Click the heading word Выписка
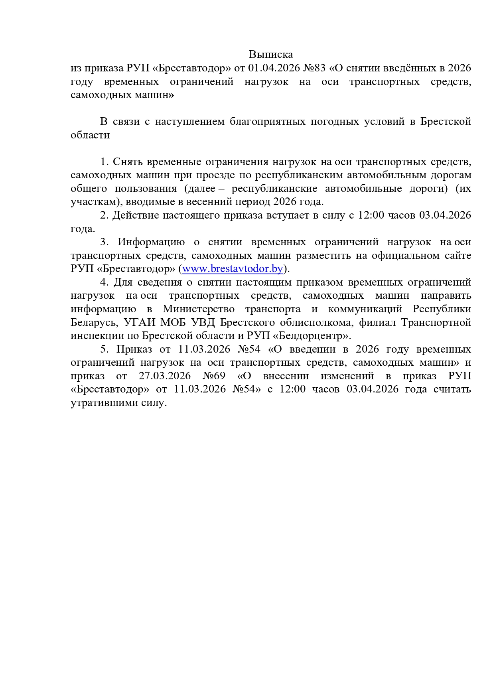[x=271, y=54]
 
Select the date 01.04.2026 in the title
[x=274, y=68]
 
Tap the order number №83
[x=315, y=68]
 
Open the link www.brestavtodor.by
[x=233, y=269]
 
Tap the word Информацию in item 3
[x=151, y=242]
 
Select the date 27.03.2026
[x=165, y=376]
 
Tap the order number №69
[x=214, y=376]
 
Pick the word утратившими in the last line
[x=105, y=403]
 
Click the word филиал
[x=377, y=322]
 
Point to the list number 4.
[x=104, y=282]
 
